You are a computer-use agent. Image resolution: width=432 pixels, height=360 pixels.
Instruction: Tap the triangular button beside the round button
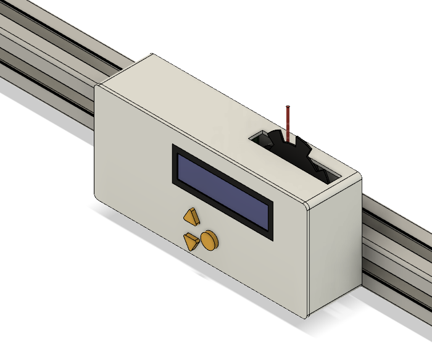tap(191, 240)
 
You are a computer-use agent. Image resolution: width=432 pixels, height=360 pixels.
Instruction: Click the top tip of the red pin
tap(288, 107)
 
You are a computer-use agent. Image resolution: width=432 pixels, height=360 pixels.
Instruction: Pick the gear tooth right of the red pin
tap(301, 144)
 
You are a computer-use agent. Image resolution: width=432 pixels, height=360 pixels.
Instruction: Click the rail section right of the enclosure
tap(395, 247)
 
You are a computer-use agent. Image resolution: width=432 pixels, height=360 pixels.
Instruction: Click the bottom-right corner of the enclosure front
tap(305, 316)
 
